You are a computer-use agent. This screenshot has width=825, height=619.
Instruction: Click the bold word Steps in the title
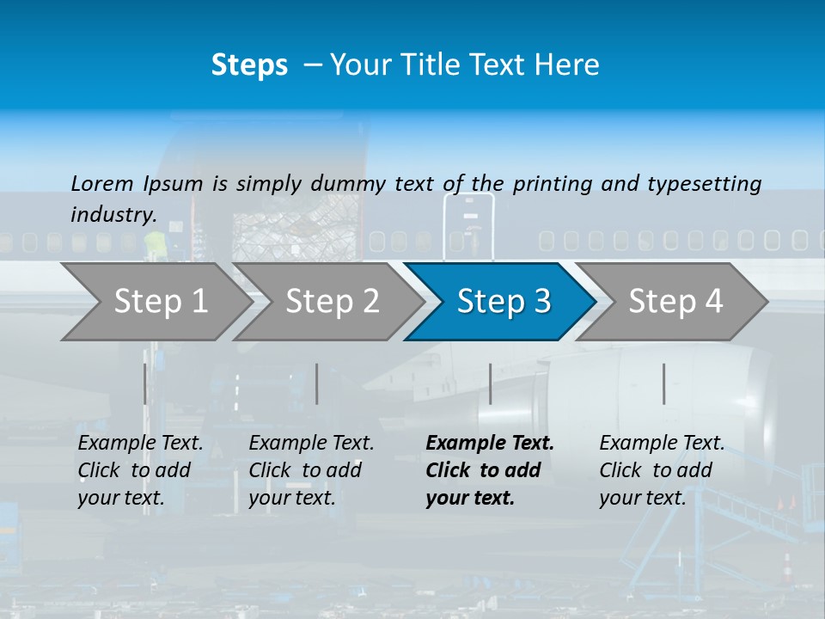coord(249,65)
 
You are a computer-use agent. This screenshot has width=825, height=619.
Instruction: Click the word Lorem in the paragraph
coord(102,183)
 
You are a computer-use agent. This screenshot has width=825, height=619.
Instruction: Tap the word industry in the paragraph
coord(113,214)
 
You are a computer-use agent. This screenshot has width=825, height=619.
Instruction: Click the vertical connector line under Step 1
coord(145,383)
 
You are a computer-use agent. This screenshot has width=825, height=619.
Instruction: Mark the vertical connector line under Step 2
coord(317,383)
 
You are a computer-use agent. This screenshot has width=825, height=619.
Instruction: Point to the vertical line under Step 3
coord(490,383)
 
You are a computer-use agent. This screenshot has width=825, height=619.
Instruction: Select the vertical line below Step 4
coord(663,383)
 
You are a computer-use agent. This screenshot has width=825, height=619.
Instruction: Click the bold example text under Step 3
coord(489,470)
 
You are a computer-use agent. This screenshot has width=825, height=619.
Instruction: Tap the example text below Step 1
coord(139,470)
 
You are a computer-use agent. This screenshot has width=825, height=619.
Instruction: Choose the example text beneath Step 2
coord(310,470)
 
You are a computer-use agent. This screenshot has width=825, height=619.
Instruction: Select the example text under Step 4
coord(661,470)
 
